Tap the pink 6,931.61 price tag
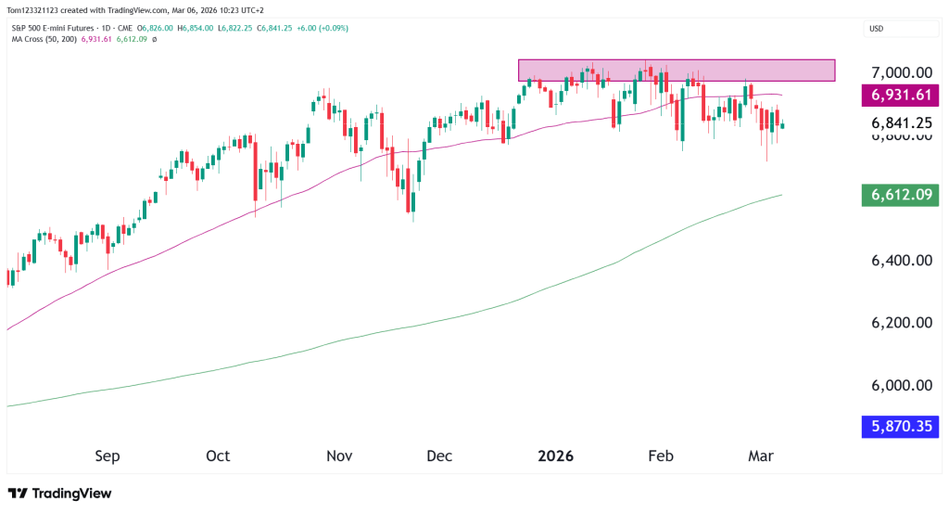click(901, 96)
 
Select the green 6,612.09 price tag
click(901, 195)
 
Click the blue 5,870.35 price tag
click(901, 428)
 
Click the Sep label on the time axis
click(108, 456)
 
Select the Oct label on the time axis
click(218, 456)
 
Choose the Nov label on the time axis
click(339, 456)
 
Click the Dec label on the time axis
click(439, 456)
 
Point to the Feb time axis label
click(660, 456)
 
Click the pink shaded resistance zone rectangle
click(677, 70)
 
